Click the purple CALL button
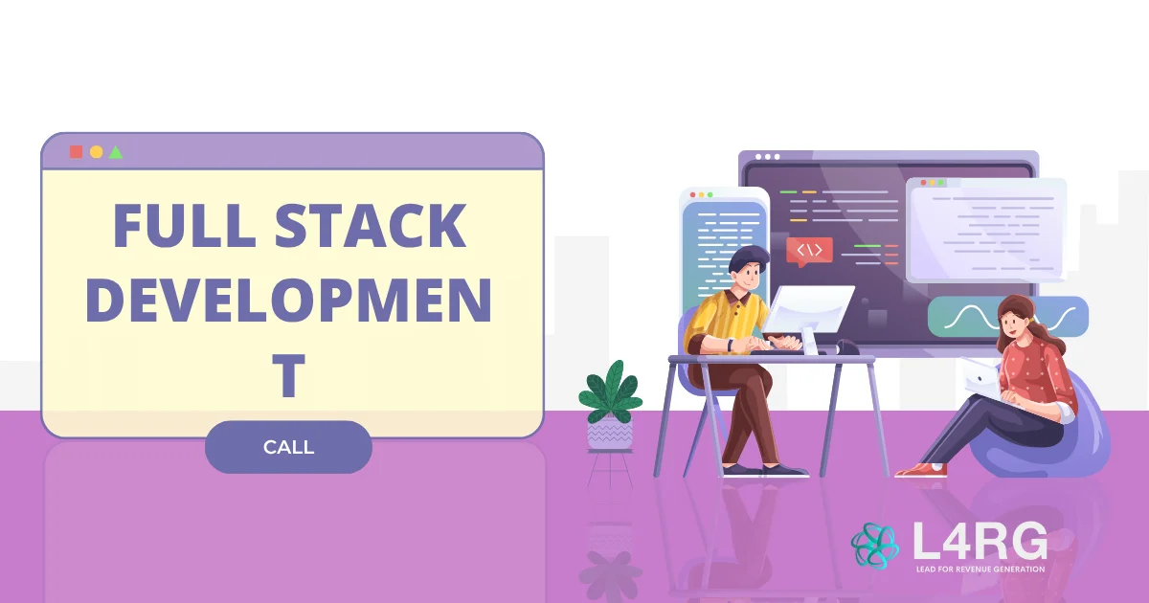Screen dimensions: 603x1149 tap(288, 447)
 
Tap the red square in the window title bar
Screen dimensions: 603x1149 tap(76, 151)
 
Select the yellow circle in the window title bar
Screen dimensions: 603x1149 tap(96, 151)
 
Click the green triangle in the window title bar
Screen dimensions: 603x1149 tap(116, 151)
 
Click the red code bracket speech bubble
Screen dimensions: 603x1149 tap(809, 251)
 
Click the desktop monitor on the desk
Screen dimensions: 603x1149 tap(807, 310)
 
